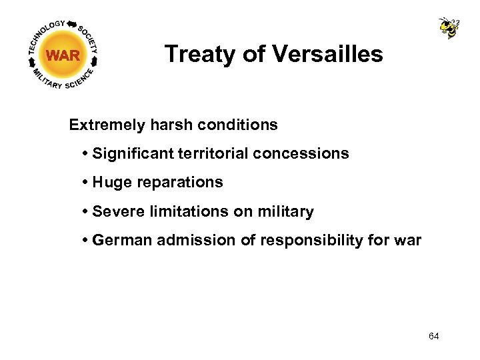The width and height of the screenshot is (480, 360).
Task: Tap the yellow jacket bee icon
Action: pyautogui.click(x=449, y=27)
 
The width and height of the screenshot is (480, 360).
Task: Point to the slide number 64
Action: pyautogui.click(x=434, y=336)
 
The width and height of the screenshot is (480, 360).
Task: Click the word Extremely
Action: pyautogui.click(x=101, y=125)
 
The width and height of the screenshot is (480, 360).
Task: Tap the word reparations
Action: pyautogui.click(x=177, y=183)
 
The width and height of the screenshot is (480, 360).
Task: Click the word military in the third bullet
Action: pyautogui.click(x=283, y=212)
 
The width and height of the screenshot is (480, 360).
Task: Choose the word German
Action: pyautogui.click(x=122, y=241)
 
